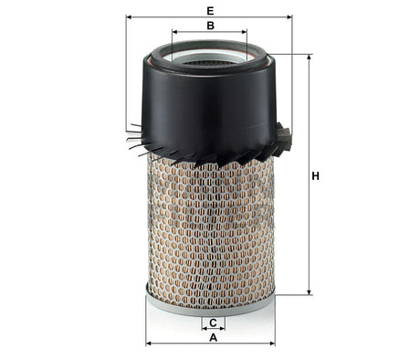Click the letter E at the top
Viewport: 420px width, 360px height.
tap(210, 9)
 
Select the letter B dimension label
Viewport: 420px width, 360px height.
tap(210, 26)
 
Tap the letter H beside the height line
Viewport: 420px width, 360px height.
tap(316, 176)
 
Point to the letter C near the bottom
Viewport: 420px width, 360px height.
tap(213, 323)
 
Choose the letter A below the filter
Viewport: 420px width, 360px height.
tap(213, 338)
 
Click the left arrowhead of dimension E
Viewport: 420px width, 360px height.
tap(130, 16)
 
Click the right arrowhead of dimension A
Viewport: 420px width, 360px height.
tap(275, 344)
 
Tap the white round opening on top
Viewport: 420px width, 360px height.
tap(209, 62)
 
